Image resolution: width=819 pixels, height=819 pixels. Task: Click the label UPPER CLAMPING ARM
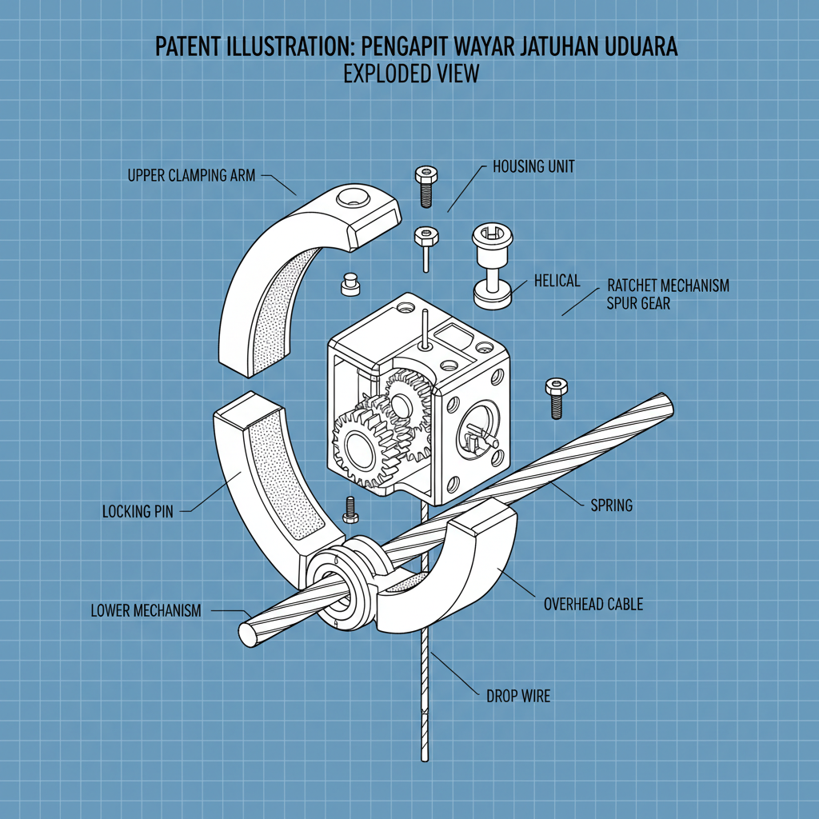191,175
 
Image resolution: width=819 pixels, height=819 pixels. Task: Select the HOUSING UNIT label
533,167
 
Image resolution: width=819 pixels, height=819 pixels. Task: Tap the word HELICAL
557,281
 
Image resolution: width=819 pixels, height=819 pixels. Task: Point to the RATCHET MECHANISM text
668,286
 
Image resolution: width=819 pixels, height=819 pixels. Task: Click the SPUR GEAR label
639,304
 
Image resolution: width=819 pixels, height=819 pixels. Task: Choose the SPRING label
611,505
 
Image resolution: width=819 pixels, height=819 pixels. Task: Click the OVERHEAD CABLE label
593,604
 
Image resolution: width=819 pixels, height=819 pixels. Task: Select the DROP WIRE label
518,696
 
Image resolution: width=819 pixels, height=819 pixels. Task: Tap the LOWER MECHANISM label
146,611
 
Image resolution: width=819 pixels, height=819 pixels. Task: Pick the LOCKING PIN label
138,510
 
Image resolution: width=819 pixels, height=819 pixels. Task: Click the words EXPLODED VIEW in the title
411,74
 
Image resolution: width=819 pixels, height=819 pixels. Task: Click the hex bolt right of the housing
556,396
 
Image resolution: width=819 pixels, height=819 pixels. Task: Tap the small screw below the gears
349,509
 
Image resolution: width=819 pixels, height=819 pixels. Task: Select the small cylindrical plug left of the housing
349,285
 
